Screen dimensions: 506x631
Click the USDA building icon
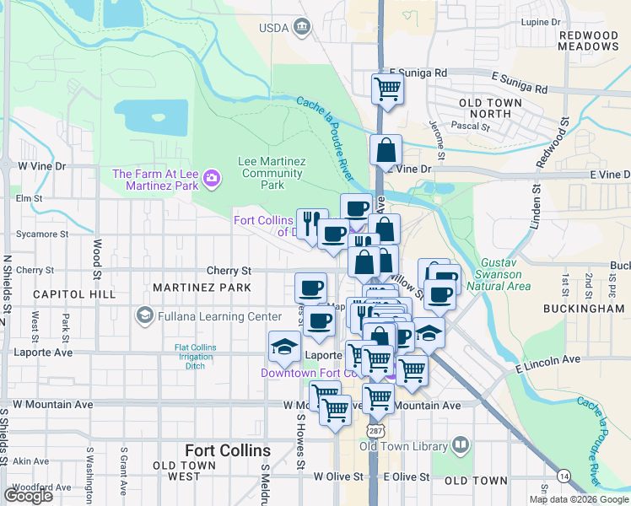point(300,27)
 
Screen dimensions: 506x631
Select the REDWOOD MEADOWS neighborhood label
point(588,41)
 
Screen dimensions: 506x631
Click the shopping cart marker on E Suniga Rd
point(387,87)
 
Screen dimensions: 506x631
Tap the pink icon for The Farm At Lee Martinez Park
point(211,178)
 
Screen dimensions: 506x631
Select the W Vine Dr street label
point(41,166)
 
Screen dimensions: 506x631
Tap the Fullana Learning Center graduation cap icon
point(143,316)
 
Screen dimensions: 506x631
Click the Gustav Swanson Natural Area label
point(506,275)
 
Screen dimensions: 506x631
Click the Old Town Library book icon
point(460,444)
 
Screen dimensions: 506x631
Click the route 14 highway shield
point(562,476)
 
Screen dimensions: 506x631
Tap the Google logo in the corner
point(28,495)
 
